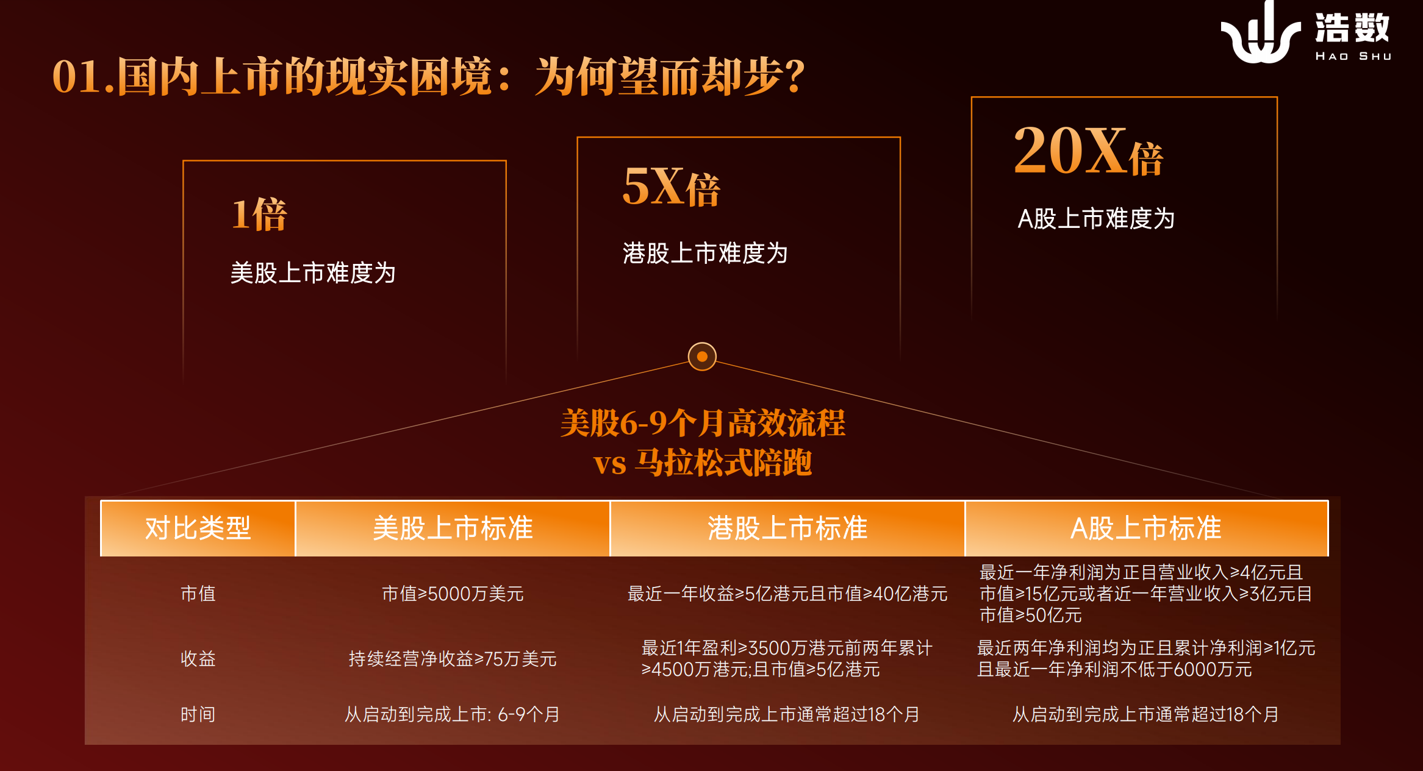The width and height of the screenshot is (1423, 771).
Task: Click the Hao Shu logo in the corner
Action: tap(1305, 32)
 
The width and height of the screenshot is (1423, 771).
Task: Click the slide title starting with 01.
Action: tap(429, 76)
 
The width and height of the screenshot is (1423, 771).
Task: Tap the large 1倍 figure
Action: tap(259, 215)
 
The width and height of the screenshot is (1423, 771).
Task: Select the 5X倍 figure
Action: tap(671, 187)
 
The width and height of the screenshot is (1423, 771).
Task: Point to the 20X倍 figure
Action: tap(1089, 151)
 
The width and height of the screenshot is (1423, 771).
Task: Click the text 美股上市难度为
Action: tap(313, 272)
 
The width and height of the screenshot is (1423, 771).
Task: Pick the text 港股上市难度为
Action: tap(705, 253)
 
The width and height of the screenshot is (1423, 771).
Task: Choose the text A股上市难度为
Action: tap(1096, 218)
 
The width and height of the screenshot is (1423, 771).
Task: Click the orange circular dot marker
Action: tap(702, 357)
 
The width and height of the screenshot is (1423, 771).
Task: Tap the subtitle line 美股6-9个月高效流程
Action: tap(703, 423)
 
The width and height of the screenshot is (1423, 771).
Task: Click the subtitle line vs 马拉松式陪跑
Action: tap(703, 463)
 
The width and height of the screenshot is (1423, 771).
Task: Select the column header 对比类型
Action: tap(198, 528)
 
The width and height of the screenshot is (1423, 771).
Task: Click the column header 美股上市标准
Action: tap(453, 528)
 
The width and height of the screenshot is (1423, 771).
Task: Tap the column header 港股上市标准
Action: tap(787, 528)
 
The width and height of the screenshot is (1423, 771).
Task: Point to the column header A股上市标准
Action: tap(1146, 528)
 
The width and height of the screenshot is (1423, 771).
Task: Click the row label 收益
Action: tap(198, 658)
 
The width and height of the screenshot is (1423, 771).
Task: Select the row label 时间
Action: tap(198, 714)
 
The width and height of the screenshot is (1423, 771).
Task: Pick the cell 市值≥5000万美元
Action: tap(453, 593)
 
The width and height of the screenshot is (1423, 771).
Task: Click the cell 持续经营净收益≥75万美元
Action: tap(453, 658)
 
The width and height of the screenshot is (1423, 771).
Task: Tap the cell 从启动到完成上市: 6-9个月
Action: tap(453, 714)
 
